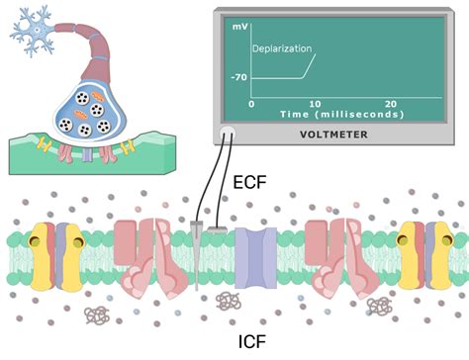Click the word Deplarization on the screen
281,47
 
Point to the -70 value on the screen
238,77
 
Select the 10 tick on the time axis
315,104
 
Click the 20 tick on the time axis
391,104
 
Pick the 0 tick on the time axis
251,104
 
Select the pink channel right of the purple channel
331,254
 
